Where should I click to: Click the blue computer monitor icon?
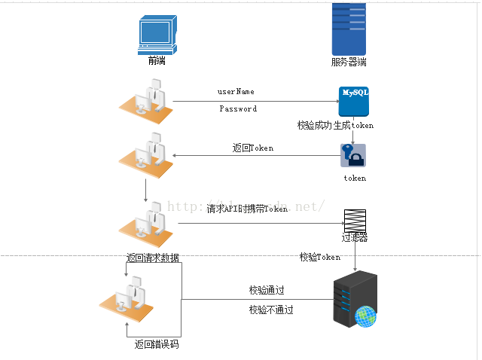(157, 35)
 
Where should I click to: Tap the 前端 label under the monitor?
(157, 61)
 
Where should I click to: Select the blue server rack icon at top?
(349, 29)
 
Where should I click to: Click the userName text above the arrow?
(236, 92)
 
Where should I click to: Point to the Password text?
(238, 109)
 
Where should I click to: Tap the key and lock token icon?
(353, 156)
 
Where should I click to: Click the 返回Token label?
(253, 148)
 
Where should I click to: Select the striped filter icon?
(355, 221)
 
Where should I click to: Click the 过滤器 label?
(355, 238)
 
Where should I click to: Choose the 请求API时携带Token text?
(247, 209)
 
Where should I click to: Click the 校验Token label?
(320, 258)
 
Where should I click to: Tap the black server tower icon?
(354, 302)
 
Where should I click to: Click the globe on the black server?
(365, 316)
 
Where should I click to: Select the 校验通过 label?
(267, 290)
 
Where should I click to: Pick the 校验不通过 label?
(271, 310)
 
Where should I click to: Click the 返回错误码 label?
(157, 345)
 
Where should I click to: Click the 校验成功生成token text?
(335, 125)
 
